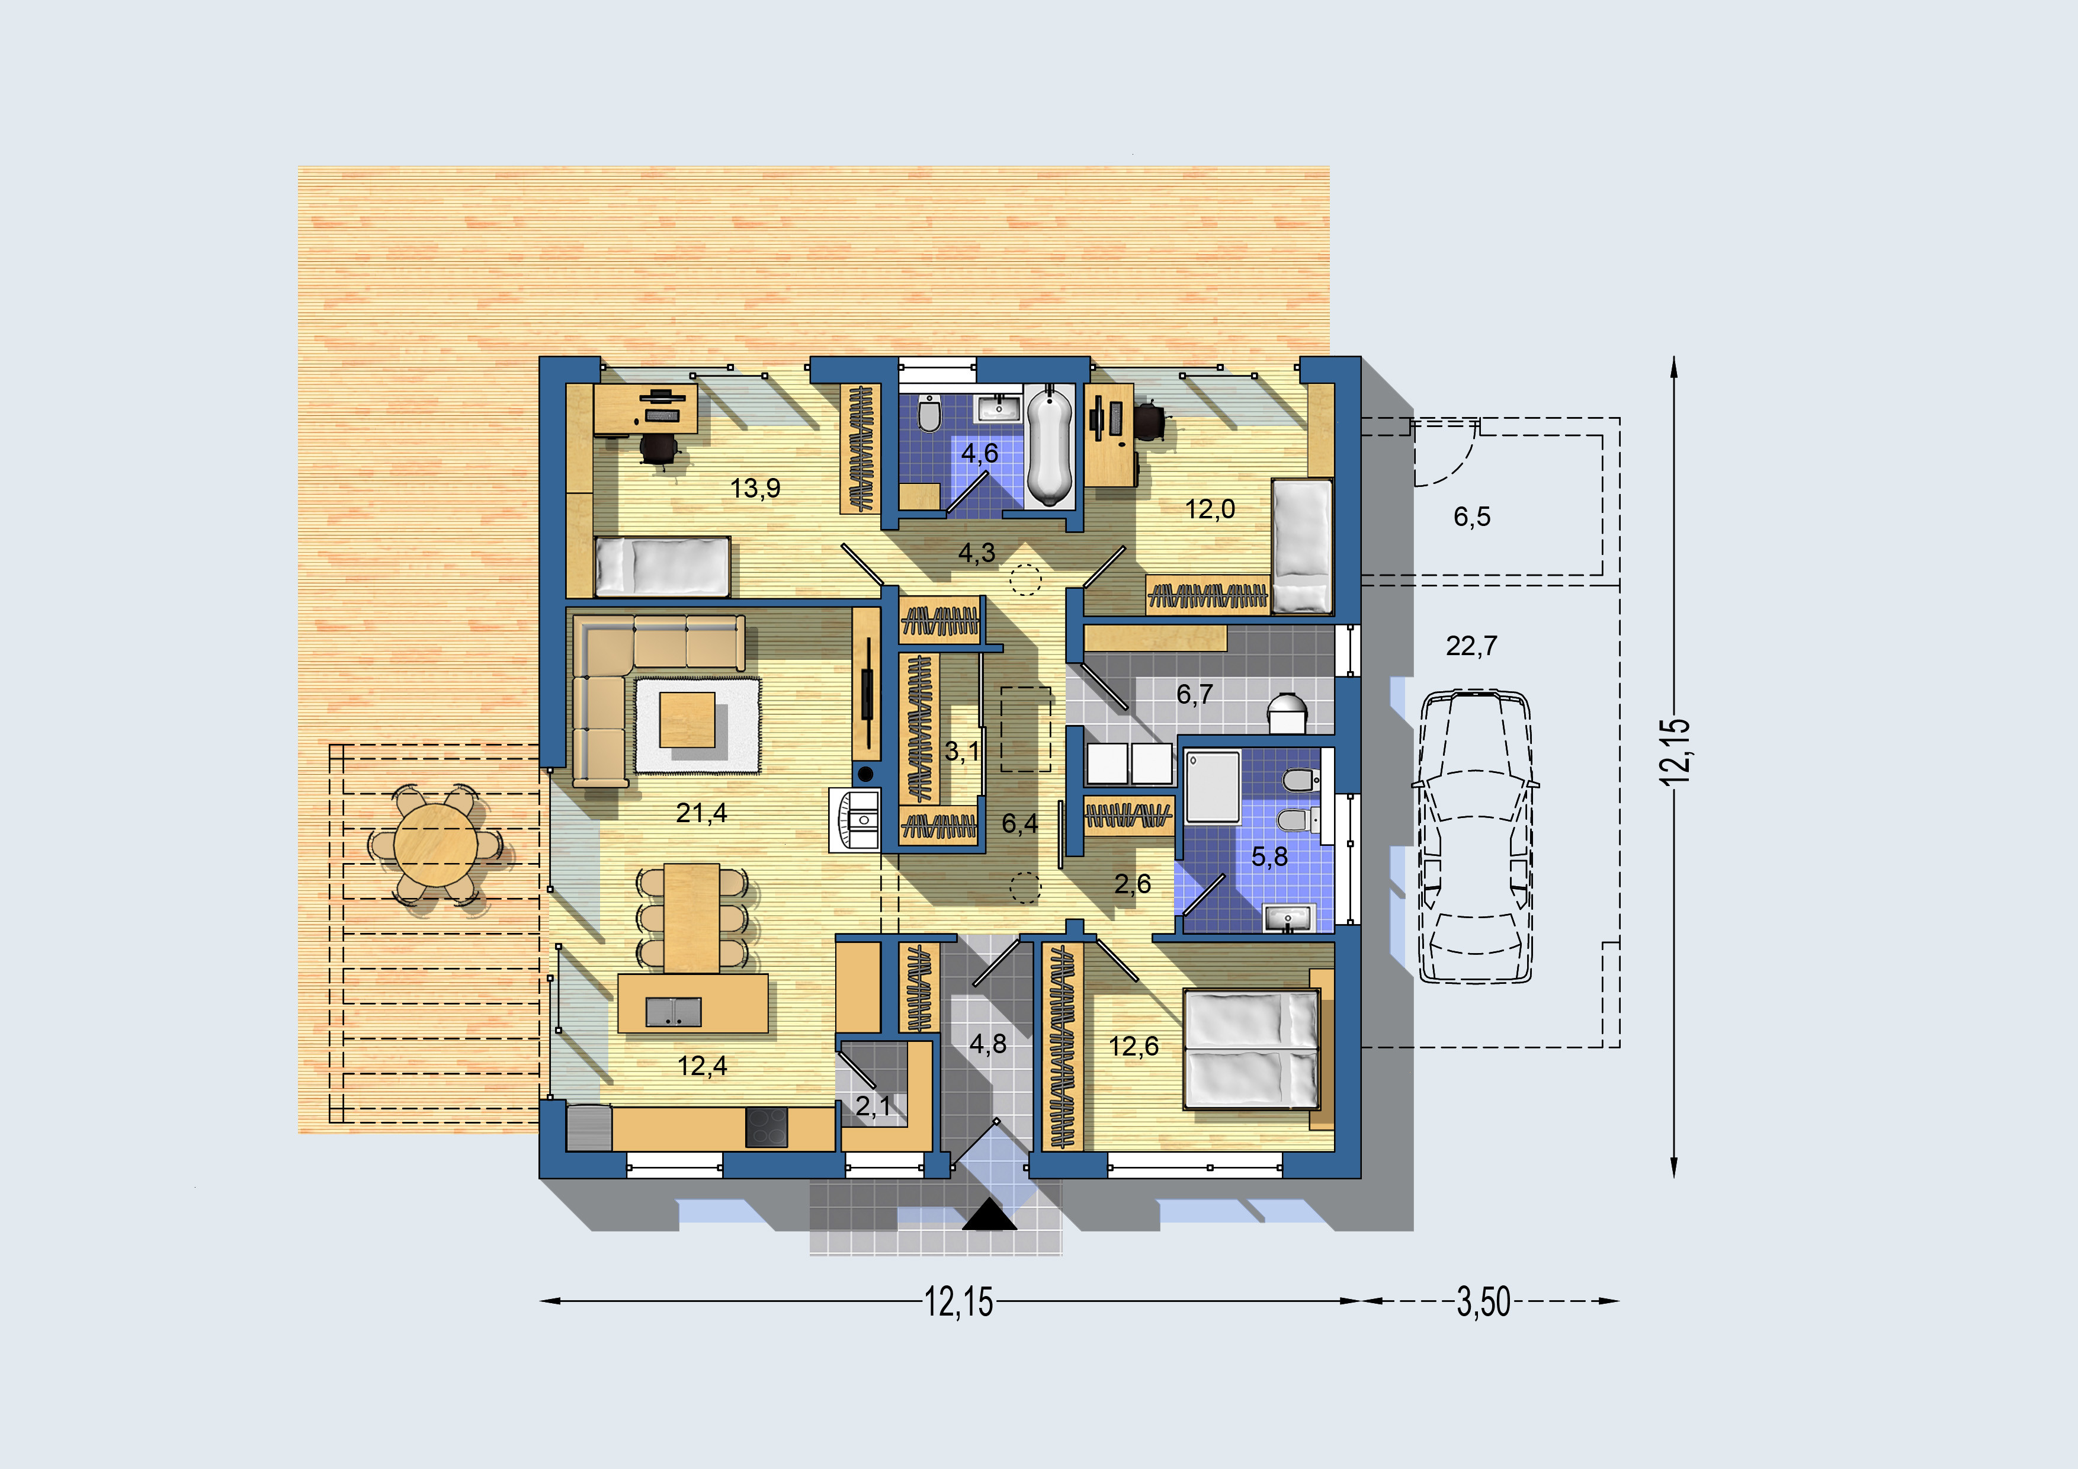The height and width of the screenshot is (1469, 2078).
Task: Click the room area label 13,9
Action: click(x=755, y=489)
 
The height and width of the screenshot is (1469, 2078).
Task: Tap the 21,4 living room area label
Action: click(x=701, y=813)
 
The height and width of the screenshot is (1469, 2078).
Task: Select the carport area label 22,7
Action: click(x=1471, y=646)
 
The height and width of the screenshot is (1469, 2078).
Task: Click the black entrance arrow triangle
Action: click(x=989, y=1215)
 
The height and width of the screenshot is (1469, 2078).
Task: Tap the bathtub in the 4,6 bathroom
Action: click(x=1050, y=445)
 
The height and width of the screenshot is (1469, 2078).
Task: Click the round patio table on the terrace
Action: click(x=436, y=845)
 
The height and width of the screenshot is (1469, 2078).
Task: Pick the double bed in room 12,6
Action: click(x=1252, y=1049)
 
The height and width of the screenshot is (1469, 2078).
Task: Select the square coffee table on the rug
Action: click(x=687, y=719)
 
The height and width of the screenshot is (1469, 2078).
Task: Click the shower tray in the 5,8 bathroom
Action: click(x=1213, y=787)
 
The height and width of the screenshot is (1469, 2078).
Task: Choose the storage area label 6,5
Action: click(x=1471, y=517)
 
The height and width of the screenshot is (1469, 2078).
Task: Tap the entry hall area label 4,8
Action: click(x=987, y=1044)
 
